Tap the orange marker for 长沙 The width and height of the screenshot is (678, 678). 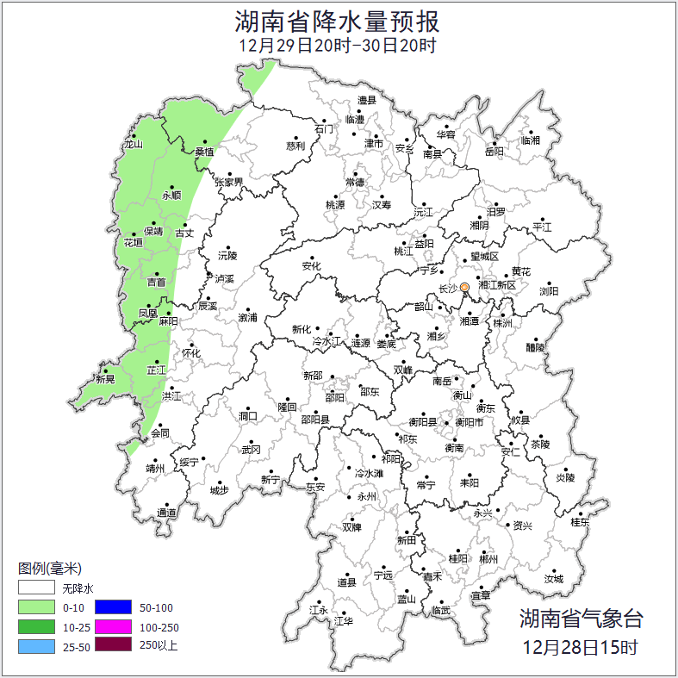coord(464,287)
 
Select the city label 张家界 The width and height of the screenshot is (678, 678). coord(229,182)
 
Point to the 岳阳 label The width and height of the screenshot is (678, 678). coord(495,152)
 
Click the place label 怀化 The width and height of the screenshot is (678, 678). coord(190,353)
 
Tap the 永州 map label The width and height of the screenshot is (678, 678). coord(367,497)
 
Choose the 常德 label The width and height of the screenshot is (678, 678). coord(355,182)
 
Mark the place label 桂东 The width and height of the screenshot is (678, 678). coord(581,522)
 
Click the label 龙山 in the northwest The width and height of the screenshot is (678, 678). coord(133,144)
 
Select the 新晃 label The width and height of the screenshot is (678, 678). coord(105,379)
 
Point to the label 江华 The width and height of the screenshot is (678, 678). coord(344,620)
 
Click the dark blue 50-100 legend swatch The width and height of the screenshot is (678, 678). coord(112,607)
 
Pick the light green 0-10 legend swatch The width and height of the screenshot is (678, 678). coord(37,607)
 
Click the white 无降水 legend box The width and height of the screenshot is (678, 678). coord(37,589)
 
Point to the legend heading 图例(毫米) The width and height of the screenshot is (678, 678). coord(49,569)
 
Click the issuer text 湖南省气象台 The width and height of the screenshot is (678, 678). coord(581,618)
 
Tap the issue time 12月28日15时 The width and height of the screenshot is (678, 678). coord(581,646)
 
